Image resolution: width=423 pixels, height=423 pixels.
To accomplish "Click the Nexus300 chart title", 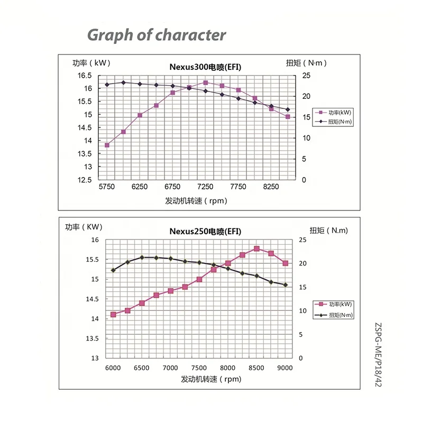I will [205, 67].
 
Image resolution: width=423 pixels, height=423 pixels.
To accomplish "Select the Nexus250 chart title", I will [205, 231].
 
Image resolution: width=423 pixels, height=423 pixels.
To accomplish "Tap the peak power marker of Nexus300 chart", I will [205, 82].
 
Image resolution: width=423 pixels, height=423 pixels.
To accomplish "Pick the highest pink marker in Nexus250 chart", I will [256, 249].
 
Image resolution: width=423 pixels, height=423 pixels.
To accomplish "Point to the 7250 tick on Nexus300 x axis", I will [205, 186].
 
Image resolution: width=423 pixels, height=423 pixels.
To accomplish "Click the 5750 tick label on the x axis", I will [106, 186].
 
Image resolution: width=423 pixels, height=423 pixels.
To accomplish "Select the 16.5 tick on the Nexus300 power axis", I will [85, 75].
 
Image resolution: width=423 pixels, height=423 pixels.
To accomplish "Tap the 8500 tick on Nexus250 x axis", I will [256, 367].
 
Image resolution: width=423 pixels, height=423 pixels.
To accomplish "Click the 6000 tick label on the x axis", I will [113, 367].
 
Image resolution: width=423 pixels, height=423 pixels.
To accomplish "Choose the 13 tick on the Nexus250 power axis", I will [95, 358].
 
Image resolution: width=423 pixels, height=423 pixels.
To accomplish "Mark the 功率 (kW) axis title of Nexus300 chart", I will [90, 63].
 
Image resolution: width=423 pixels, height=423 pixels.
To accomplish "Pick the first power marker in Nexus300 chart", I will [107, 145].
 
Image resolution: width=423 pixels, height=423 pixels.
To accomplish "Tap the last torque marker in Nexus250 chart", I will [285, 285].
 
